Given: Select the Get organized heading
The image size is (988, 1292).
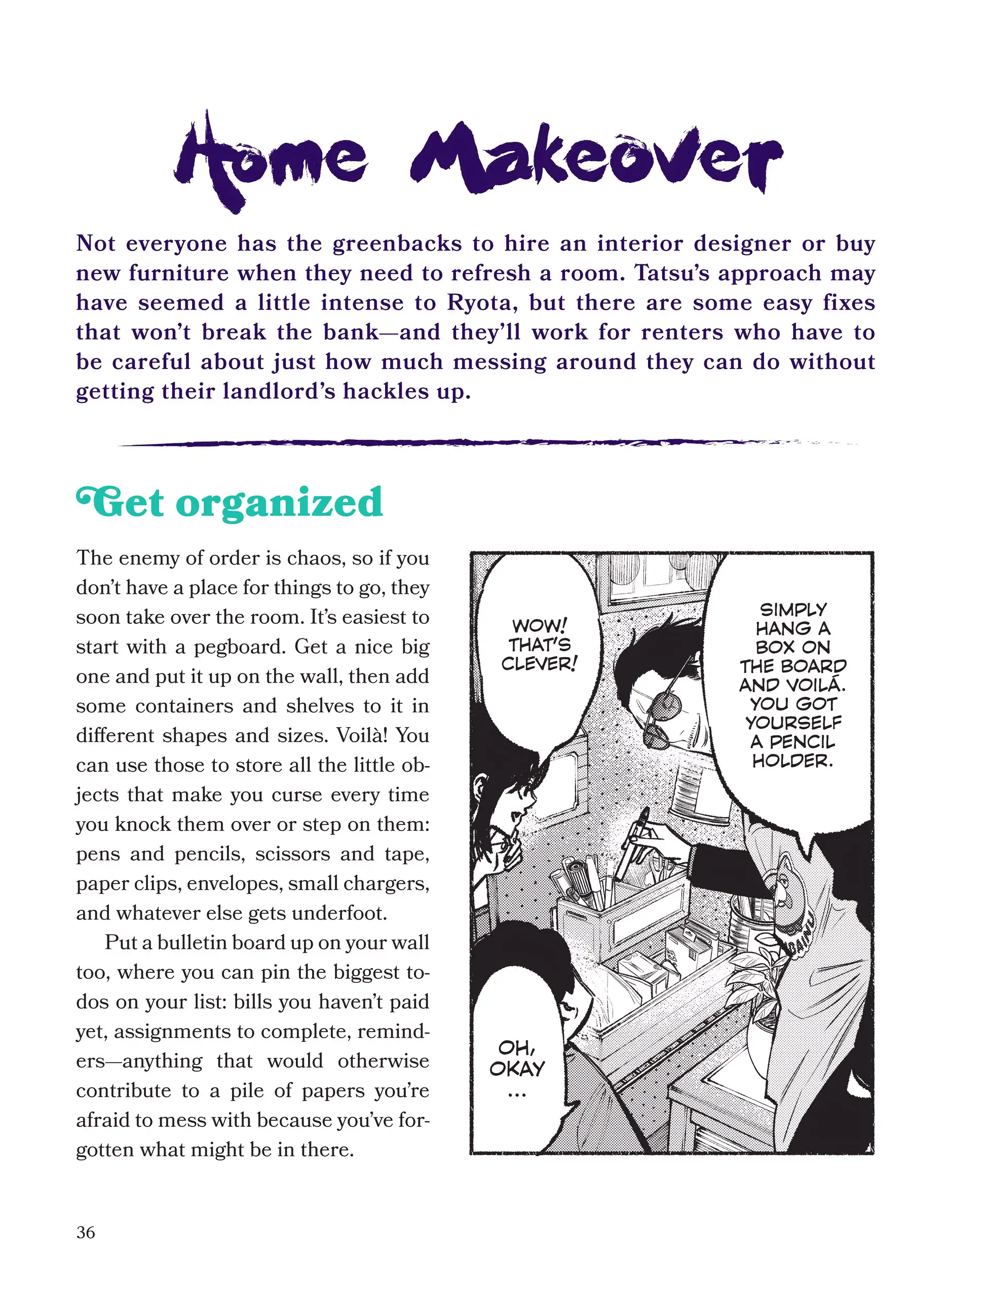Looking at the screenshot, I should point(230,504).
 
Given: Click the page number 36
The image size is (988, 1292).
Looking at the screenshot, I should point(85,1232).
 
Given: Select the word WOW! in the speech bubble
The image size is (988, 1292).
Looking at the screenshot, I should point(539,625).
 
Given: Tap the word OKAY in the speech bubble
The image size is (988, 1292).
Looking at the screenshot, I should point(517,1068).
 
